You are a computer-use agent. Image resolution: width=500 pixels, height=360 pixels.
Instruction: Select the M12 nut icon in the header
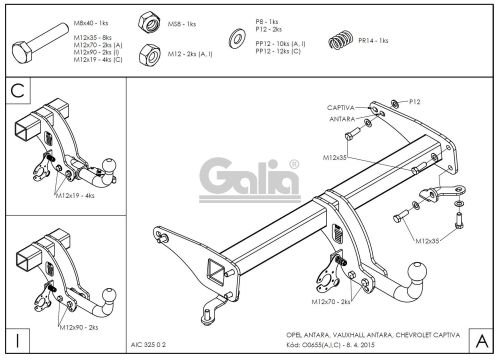coord(149,53)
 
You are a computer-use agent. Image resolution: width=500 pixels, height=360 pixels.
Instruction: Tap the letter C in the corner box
coord(15,91)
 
